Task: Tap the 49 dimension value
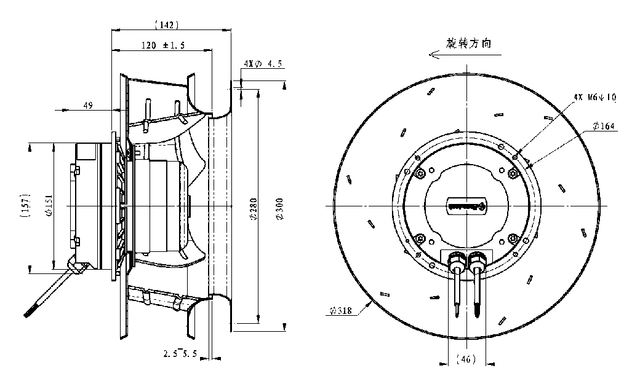tap(87, 106)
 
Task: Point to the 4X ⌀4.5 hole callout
tap(263, 63)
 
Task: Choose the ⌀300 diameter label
tap(279, 209)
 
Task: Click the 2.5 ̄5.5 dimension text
tap(181, 353)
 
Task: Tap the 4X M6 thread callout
tap(593, 96)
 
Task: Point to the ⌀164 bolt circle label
tap(605, 127)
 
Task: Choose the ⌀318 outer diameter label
tap(339, 311)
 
